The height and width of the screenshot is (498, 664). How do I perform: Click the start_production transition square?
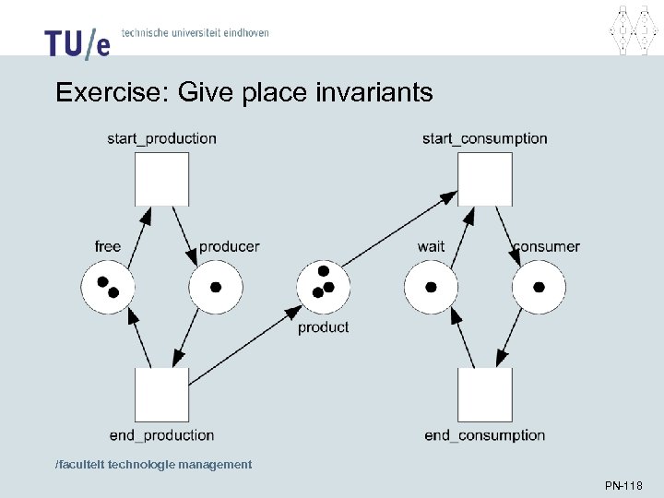tap(161, 179)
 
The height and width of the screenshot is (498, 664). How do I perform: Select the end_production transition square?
tap(161, 395)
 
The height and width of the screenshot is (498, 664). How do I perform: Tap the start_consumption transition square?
tap(485, 179)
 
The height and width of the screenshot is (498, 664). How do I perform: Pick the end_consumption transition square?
tap(485, 395)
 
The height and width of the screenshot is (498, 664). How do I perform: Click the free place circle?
tap(107, 287)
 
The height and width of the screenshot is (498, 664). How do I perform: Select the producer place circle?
tap(216, 287)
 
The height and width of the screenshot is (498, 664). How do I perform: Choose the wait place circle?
tap(431, 287)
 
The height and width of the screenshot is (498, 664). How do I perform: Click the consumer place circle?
tap(539, 287)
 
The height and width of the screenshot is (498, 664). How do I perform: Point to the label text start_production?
tap(161, 139)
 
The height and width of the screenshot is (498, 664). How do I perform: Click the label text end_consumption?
tap(485, 435)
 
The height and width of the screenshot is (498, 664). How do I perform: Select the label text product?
tap(323, 327)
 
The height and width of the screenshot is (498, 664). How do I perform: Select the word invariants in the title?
tap(373, 93)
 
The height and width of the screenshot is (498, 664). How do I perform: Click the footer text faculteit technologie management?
tap(153, 465)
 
